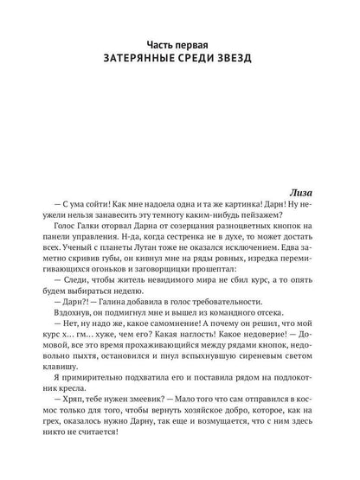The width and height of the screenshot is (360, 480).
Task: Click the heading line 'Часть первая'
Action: click(x=179, y=42)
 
